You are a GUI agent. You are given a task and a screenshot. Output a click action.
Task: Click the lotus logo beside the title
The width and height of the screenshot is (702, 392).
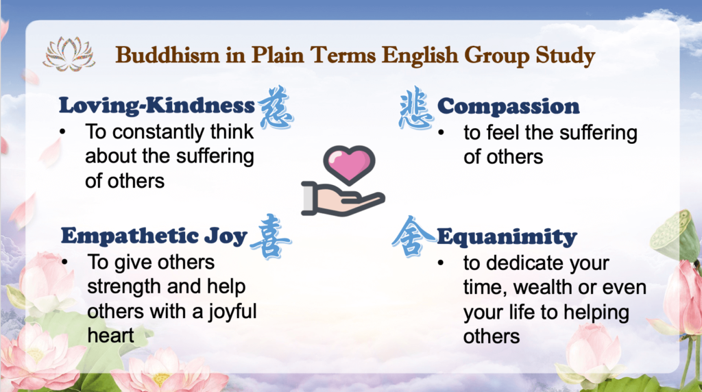coord(69,54)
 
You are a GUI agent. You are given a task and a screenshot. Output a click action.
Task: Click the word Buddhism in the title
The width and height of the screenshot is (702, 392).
coord(167,55)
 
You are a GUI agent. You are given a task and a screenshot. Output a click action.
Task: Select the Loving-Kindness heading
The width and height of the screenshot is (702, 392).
coord(157,106)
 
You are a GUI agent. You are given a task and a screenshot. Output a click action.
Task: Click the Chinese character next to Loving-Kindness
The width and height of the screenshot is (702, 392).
coord(276,107)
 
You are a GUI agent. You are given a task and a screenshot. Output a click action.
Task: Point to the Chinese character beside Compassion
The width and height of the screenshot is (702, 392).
coord(416,108)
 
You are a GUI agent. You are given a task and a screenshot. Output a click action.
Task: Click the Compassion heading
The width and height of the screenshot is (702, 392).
coord(508,106)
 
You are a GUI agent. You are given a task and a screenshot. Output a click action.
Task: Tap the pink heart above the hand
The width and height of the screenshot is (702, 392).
coord(349,164)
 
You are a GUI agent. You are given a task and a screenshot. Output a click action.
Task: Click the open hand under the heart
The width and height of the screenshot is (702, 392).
coord(343,199)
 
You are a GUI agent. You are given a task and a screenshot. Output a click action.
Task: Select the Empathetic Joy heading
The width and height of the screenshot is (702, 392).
coord(154,236)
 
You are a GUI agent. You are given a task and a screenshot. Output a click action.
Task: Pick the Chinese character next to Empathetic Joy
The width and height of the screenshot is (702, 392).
coord(270,236)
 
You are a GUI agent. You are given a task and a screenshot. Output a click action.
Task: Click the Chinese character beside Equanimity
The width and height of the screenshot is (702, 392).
coord(412,236)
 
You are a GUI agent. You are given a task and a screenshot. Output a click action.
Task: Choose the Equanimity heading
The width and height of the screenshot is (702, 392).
coord(507,236)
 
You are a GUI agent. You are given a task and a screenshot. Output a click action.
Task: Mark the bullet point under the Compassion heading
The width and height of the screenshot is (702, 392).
coord(441,133)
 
